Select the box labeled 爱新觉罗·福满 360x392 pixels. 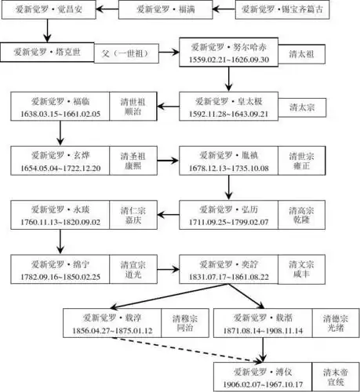tap(165, 12)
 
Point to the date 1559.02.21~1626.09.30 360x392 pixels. tap(227, 59)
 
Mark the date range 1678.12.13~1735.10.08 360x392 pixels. tap(227, 166)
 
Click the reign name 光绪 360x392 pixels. tap(336, 331)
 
